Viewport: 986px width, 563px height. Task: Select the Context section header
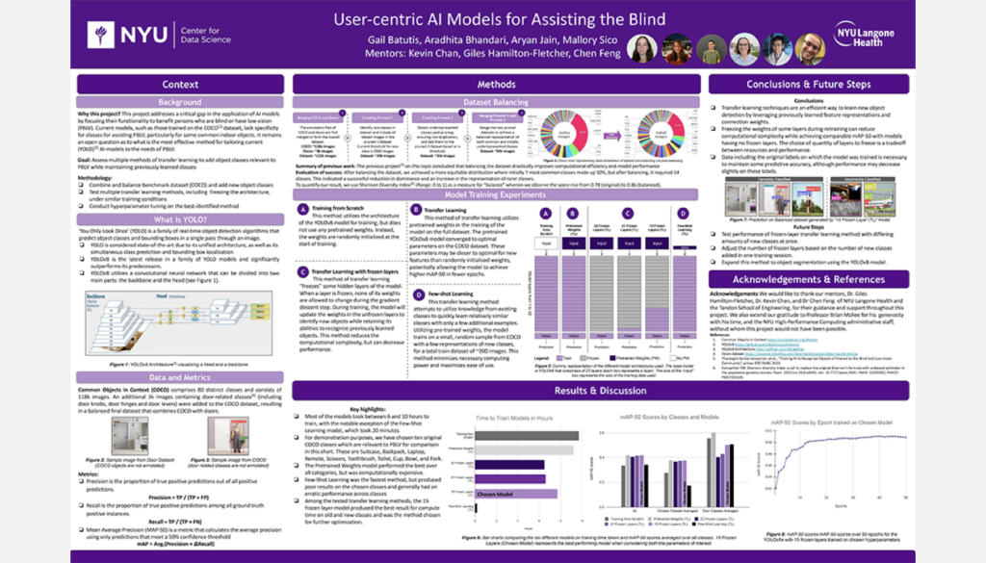(180, 85)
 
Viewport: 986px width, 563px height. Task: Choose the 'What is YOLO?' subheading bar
(180, 220)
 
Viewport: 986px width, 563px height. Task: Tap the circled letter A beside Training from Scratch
(303, 210)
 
